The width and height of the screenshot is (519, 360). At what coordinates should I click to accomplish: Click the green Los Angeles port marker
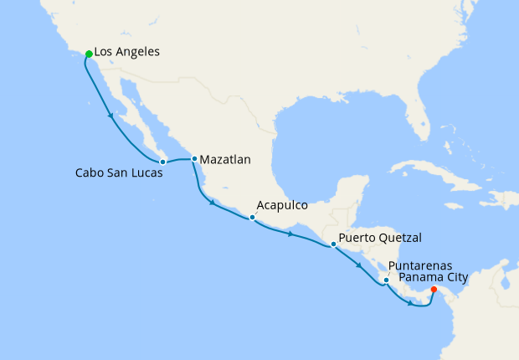point(89,54)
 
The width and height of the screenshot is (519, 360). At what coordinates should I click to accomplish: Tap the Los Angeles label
point(126,52)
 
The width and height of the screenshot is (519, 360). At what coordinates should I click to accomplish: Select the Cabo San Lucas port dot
point(163,162)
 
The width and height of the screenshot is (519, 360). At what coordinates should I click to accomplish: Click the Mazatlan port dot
point(194,158)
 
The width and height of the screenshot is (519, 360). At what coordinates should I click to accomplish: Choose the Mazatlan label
point(225,159)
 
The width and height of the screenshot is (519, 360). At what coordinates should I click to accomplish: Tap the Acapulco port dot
point(252,218)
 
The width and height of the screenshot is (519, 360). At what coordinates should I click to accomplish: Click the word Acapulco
point(282,205)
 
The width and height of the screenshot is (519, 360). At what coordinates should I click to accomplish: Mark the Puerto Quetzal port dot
point(333,244)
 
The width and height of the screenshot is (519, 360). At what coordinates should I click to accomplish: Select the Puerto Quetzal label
point(380,238)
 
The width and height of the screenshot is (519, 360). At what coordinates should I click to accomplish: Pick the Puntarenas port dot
point(386,280)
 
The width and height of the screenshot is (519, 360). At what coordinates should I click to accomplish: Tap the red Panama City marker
point(434,290)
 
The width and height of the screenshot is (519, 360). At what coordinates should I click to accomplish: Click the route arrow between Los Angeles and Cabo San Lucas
point(112,117)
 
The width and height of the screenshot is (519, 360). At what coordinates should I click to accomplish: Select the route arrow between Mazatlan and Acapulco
point(213,202)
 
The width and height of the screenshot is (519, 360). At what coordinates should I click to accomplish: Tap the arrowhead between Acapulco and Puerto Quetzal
point(290,234)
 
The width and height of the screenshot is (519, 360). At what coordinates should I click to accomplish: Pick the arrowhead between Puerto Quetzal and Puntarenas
point(359,266)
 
